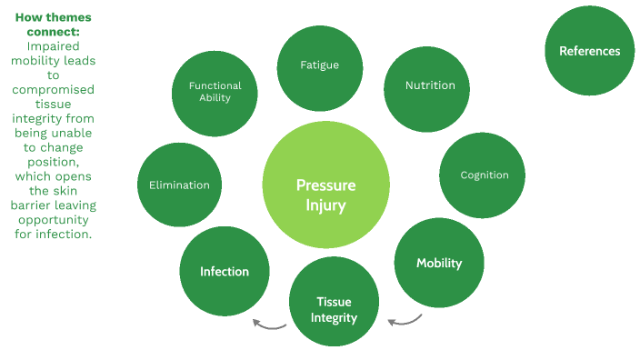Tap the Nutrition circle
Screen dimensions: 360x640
click(x=429, y=86)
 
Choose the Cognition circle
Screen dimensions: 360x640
click(x=484, y=175)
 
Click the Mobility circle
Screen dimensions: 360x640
click(x=439, y=264)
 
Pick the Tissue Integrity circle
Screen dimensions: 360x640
click(x=333, y=308)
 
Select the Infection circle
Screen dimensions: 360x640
click(x=224, y=271)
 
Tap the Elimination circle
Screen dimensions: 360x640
click(x=179, y=185)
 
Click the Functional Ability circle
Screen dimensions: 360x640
click(x=215, y=93)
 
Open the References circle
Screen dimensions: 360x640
click(x=589, y=52)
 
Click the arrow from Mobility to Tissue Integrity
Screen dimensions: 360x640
click(x=405, y=319)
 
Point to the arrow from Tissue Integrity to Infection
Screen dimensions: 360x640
click(x=269, y=323)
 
